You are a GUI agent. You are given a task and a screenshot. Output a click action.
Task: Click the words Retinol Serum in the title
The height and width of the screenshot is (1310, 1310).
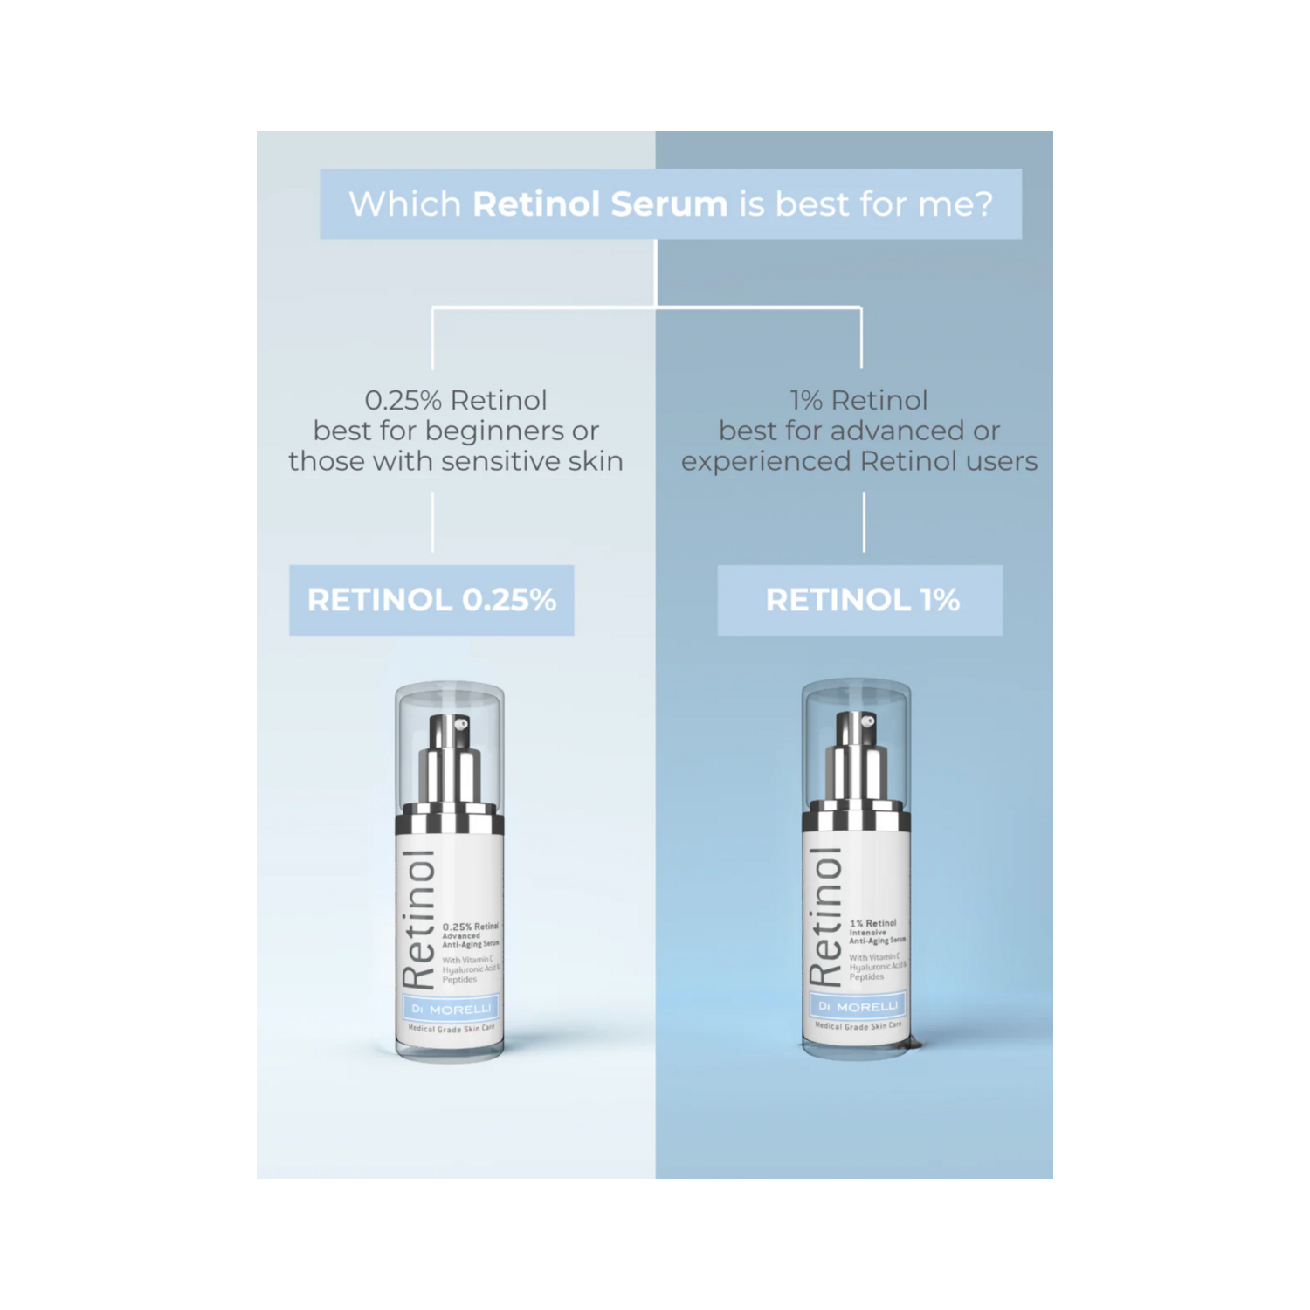tap(599, 204)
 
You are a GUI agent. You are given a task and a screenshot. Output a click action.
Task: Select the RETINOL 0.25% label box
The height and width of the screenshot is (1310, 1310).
tap(431, 600)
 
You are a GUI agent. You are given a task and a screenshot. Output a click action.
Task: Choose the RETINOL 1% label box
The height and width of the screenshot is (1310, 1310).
tap(860, 600)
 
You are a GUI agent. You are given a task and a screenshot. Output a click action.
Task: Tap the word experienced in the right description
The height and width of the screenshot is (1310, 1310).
tap(768, 461)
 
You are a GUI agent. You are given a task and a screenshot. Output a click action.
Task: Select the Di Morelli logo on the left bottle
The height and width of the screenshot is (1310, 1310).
tap(451, 1009)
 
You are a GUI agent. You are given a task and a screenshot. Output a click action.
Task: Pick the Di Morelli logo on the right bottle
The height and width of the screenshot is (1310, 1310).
tap(858, 1006)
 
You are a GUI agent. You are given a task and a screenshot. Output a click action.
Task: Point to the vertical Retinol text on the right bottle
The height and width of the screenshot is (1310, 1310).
tap(825, 917)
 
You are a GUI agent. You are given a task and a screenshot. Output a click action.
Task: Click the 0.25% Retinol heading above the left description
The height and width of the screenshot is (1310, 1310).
tap(455, 400)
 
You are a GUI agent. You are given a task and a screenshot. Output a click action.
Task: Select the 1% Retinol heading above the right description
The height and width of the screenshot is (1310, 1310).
tap(858, 400)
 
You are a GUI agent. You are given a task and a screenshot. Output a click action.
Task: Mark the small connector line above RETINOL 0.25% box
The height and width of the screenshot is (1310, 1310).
tap(433, 521)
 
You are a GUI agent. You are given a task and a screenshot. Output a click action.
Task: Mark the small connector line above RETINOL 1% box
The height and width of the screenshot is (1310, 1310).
tap(865, 521)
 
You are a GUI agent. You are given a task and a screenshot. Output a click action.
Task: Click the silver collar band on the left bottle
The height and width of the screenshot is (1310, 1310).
tap(450, 822)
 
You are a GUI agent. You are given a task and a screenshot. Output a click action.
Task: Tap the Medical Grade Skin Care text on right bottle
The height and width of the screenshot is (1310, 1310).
tap(858, 1026)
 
